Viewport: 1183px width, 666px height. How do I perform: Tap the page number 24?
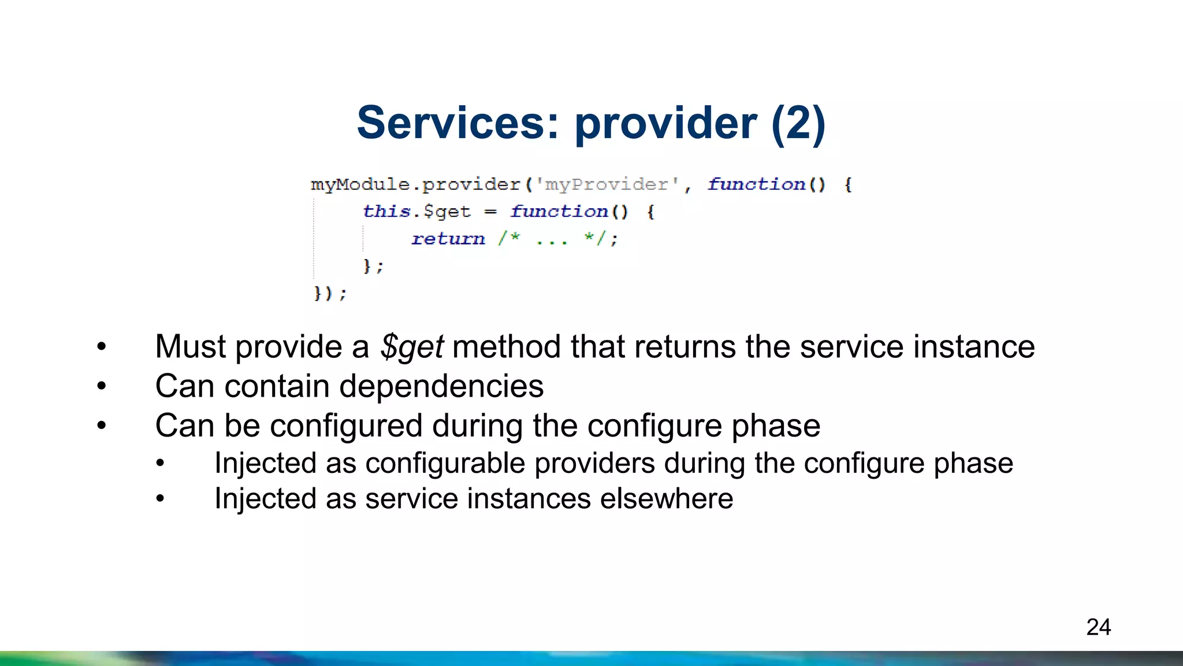[x=1098, y=627]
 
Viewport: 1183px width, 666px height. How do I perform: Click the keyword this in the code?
[x=386, y=212]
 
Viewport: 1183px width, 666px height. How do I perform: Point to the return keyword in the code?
[x=448, y=239]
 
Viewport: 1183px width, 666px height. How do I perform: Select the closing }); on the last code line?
[x=330, y=293]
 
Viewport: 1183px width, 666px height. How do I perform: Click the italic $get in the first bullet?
[x=412, y=347]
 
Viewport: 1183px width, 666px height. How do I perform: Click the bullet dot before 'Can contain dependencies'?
[x=102, y=386]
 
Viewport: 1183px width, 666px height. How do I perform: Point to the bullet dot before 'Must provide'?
[x=102, y=347]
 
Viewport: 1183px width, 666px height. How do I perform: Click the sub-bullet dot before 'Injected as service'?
[x=161, y=499]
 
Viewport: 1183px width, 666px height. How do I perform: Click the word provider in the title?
[x=665, y=123]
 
